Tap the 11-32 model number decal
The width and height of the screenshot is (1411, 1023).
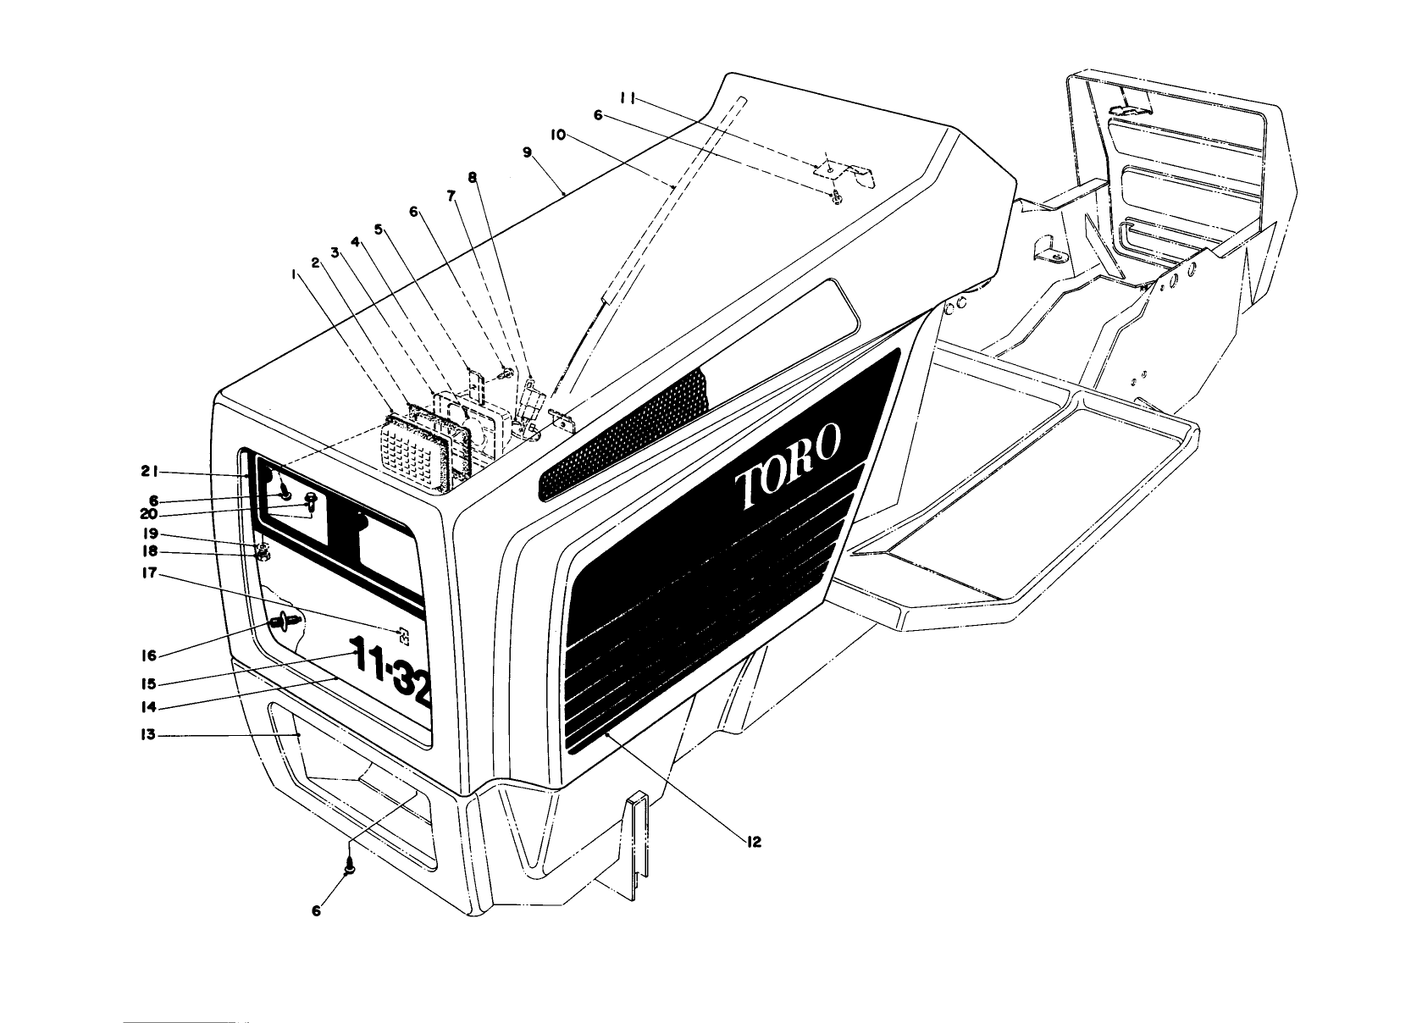pyautogui.click(x=392, y=674)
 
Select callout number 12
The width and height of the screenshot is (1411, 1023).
pyautogui.click(x=753, y=842)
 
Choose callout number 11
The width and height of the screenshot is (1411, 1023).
pyautogui.click(x=627, y=98)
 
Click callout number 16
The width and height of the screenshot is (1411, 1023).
pyautogui.click(x=148, y=655)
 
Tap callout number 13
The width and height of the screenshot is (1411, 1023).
pyautogui.click(x=148, y=735)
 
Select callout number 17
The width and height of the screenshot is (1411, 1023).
pyautogui.click(x=148, y=573)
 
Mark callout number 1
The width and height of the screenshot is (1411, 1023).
pyautogui.click(x=293, y=274)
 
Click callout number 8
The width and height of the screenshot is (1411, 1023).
pyautogui.click(x=472, y=178)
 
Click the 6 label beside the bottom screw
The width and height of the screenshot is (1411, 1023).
pyautogui.click(x=317, y=910)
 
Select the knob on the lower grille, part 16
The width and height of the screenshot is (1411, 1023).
pyautogui.click(x=281, y=622)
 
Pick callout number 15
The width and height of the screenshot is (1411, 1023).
pyautogui.click(x=148, y=683)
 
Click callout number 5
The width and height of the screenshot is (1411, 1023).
pyautogui.click(x=379, y=229)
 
